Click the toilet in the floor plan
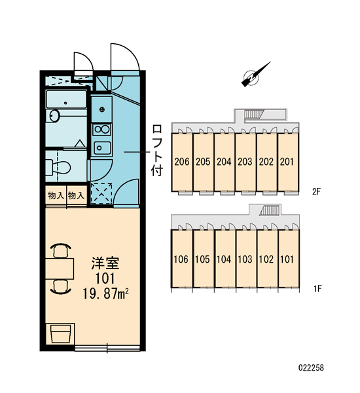(x=58, y=166)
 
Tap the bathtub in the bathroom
(x=66, y=100)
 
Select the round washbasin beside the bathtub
(x=54, y=116)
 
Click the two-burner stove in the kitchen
(x=101, y=130)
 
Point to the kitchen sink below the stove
(x=102, y=148)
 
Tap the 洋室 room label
(x=105, y=263)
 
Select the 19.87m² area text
(x=105, y=293)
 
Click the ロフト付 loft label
(x=157, y=150)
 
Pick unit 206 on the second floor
(x=182, y=162)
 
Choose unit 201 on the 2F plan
(x=287, y=162)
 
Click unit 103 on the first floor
(x=245, y=259)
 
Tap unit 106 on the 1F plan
(x=181, y=259)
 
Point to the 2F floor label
(x=316, y=192)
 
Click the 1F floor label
(x=317, y=289)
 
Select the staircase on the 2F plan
(x=254, y=114)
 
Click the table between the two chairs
(x=60, y=269)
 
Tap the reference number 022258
(x=311, y=367)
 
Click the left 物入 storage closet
(x=56, y=196)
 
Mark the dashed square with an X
(x=101, y=193)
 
